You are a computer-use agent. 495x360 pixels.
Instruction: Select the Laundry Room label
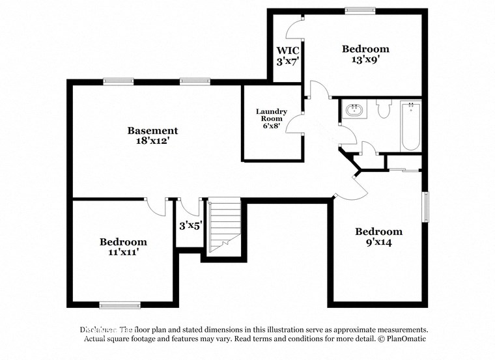click(272, 115)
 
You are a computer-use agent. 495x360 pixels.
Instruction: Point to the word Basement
click(152, 130)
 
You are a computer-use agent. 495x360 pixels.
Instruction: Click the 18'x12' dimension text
click(152, 141)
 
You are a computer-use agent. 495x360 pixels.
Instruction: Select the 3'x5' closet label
click(191, 226)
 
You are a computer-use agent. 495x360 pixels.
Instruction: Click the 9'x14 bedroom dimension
click(378, 242)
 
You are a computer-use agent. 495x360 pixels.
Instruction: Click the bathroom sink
click(354, 110)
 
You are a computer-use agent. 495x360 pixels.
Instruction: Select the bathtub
click(410, 125)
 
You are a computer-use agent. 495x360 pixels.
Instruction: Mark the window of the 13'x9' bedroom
click(360, 10)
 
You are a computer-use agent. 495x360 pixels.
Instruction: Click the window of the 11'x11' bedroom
click(119, 304)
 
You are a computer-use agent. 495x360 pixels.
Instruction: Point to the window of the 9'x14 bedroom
click(426, 208)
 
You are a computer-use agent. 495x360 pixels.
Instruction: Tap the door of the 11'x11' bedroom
click(157, 206)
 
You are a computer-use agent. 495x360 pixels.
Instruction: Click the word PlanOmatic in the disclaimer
click(404, 339)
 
